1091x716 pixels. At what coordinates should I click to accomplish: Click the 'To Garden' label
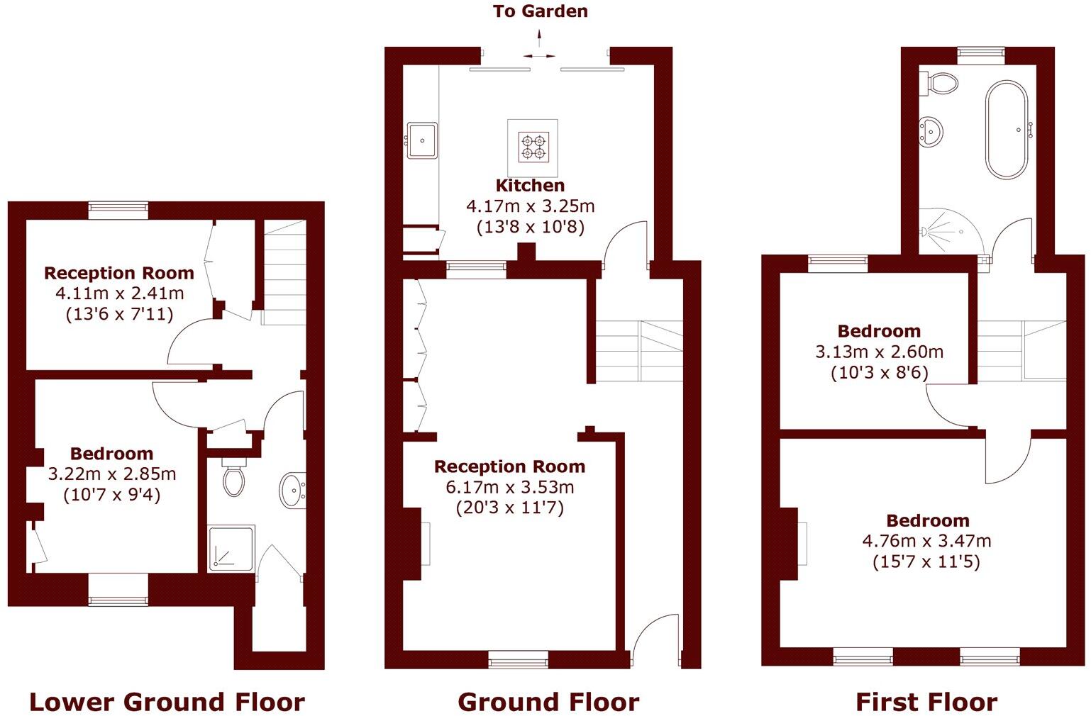click(x=541, y=11)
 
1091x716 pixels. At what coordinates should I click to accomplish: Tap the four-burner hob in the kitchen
click(x=533, y=147)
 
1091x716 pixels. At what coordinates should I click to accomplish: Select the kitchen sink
click(x=422, y=140)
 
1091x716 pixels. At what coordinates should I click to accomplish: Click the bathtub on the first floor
click(x=1006, y=130)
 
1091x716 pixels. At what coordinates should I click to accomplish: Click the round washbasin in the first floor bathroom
click(x=931, y=131)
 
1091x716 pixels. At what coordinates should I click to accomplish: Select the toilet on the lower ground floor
click(x=233, y=477)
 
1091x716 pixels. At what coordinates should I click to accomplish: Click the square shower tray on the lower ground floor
click(x=231, y=548)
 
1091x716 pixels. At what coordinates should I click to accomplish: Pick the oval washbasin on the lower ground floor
click(x=292, y=489)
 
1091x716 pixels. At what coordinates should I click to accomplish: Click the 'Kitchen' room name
click(x=530, y=186)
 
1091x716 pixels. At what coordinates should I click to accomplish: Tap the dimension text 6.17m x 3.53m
click(x=509, y=487)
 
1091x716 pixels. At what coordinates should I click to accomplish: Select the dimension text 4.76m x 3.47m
click(x=926, y=541)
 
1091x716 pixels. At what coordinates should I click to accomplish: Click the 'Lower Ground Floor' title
click(x=167, y=702)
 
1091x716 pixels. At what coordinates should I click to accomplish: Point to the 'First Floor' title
click(x=926, y=702)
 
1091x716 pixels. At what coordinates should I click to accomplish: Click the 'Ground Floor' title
click(x=548, y=702)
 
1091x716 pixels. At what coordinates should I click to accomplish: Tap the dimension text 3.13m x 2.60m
click(x=879, y=352)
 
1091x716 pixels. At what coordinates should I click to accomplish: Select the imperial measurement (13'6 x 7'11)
click(x=119, y=314)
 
